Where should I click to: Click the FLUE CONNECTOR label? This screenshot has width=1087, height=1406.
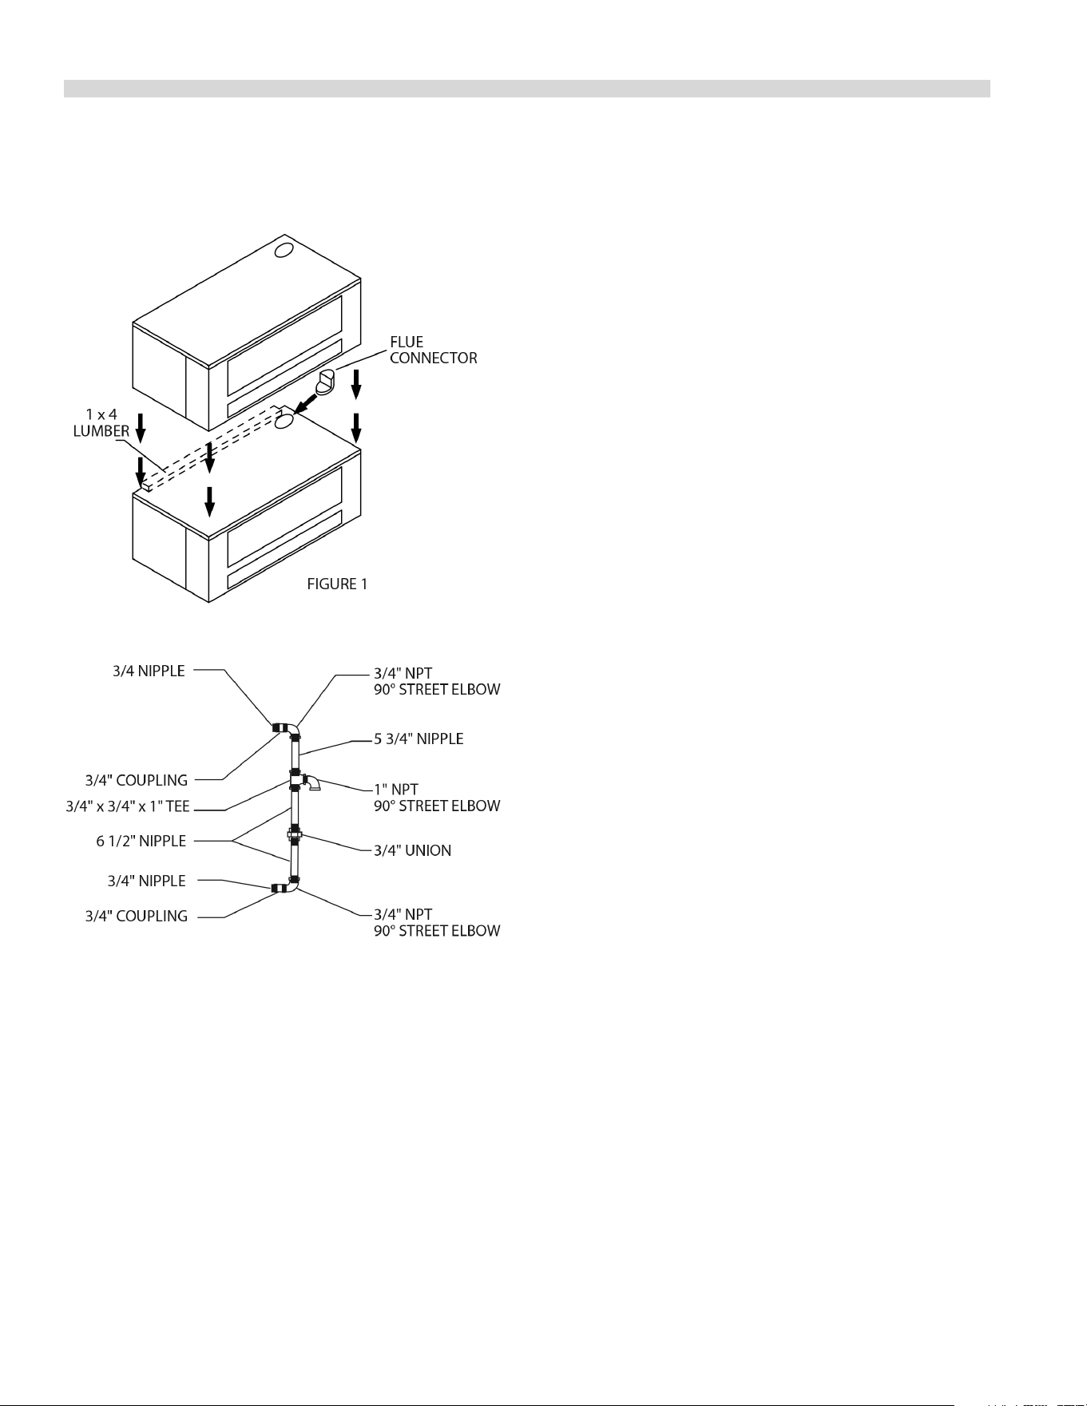pos(433,351)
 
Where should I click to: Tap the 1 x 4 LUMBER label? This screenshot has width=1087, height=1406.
pos(101,423)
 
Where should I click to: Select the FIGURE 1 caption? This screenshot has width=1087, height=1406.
pos(337,584)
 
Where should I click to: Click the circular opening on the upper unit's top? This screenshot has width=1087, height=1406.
pos(284,251)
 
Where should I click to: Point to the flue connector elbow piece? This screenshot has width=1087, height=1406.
pos(327,382)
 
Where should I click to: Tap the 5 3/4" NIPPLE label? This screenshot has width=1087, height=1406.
pos(419,739)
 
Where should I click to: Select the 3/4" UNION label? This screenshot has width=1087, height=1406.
pos(412,851)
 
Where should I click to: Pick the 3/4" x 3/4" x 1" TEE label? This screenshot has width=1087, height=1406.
pos(128,806)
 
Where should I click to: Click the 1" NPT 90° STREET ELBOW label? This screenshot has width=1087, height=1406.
pos(437,798)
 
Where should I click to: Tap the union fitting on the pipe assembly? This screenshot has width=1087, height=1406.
pos(295,837)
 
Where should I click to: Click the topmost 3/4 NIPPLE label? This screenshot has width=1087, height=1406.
pos(149,671)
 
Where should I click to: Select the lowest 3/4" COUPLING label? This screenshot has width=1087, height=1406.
pos(137,917)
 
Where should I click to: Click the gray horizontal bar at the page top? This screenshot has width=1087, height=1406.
pos(527,89)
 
